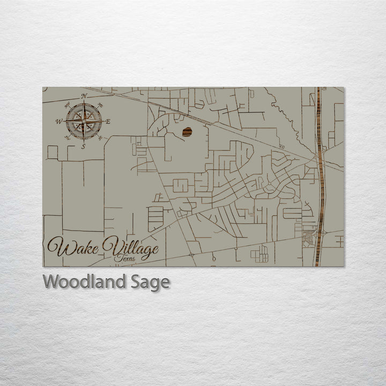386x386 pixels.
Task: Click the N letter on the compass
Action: (84, 96)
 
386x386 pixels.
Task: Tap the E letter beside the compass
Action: (108, 122)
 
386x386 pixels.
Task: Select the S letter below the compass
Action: (83, 146)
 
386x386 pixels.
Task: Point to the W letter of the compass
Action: (58, 121)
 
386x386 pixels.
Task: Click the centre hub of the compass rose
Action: (84, 121)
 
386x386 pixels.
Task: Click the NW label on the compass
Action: (67, 105)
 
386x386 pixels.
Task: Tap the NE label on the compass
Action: (101, 105)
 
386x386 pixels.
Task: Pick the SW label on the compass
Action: (67, 138)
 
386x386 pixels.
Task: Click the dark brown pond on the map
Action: (187, 132)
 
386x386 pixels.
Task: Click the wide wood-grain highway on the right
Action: (320, 177)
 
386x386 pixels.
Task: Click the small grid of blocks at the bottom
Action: (259, 255)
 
